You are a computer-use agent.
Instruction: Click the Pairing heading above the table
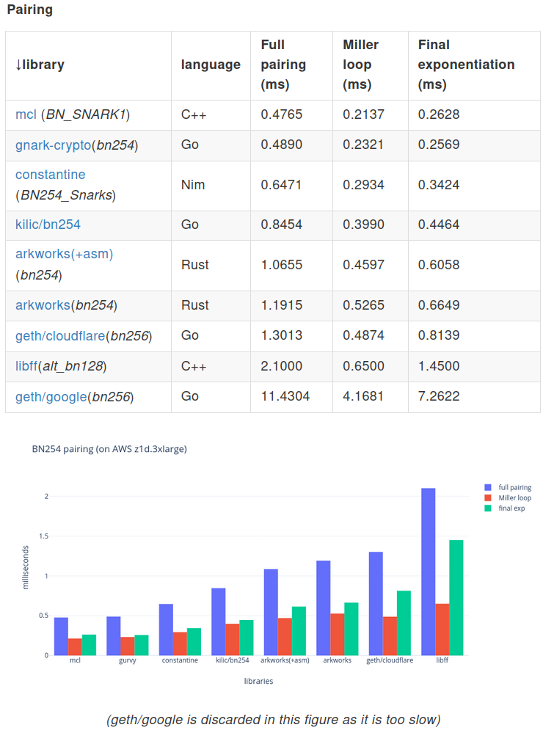click(29, 10)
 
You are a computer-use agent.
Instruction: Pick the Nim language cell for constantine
click(189, 185)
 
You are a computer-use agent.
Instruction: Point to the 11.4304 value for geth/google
click(285, 396)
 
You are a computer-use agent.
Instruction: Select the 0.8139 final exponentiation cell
click(439, 336)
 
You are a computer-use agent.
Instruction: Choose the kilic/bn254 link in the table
click(48, 225)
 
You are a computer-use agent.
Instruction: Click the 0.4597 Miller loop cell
click(364, 265)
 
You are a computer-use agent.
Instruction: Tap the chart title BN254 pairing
click(109, 449)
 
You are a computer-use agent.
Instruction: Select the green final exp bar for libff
click(456, 597)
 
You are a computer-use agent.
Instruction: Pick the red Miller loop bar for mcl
click(75, 646)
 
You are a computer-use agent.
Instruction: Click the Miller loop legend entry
click(514, 497)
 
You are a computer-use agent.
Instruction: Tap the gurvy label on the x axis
click(128, 660)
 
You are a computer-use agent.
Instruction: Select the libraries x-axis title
click(258, 681)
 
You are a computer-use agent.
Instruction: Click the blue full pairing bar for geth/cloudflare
click(376, 603)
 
